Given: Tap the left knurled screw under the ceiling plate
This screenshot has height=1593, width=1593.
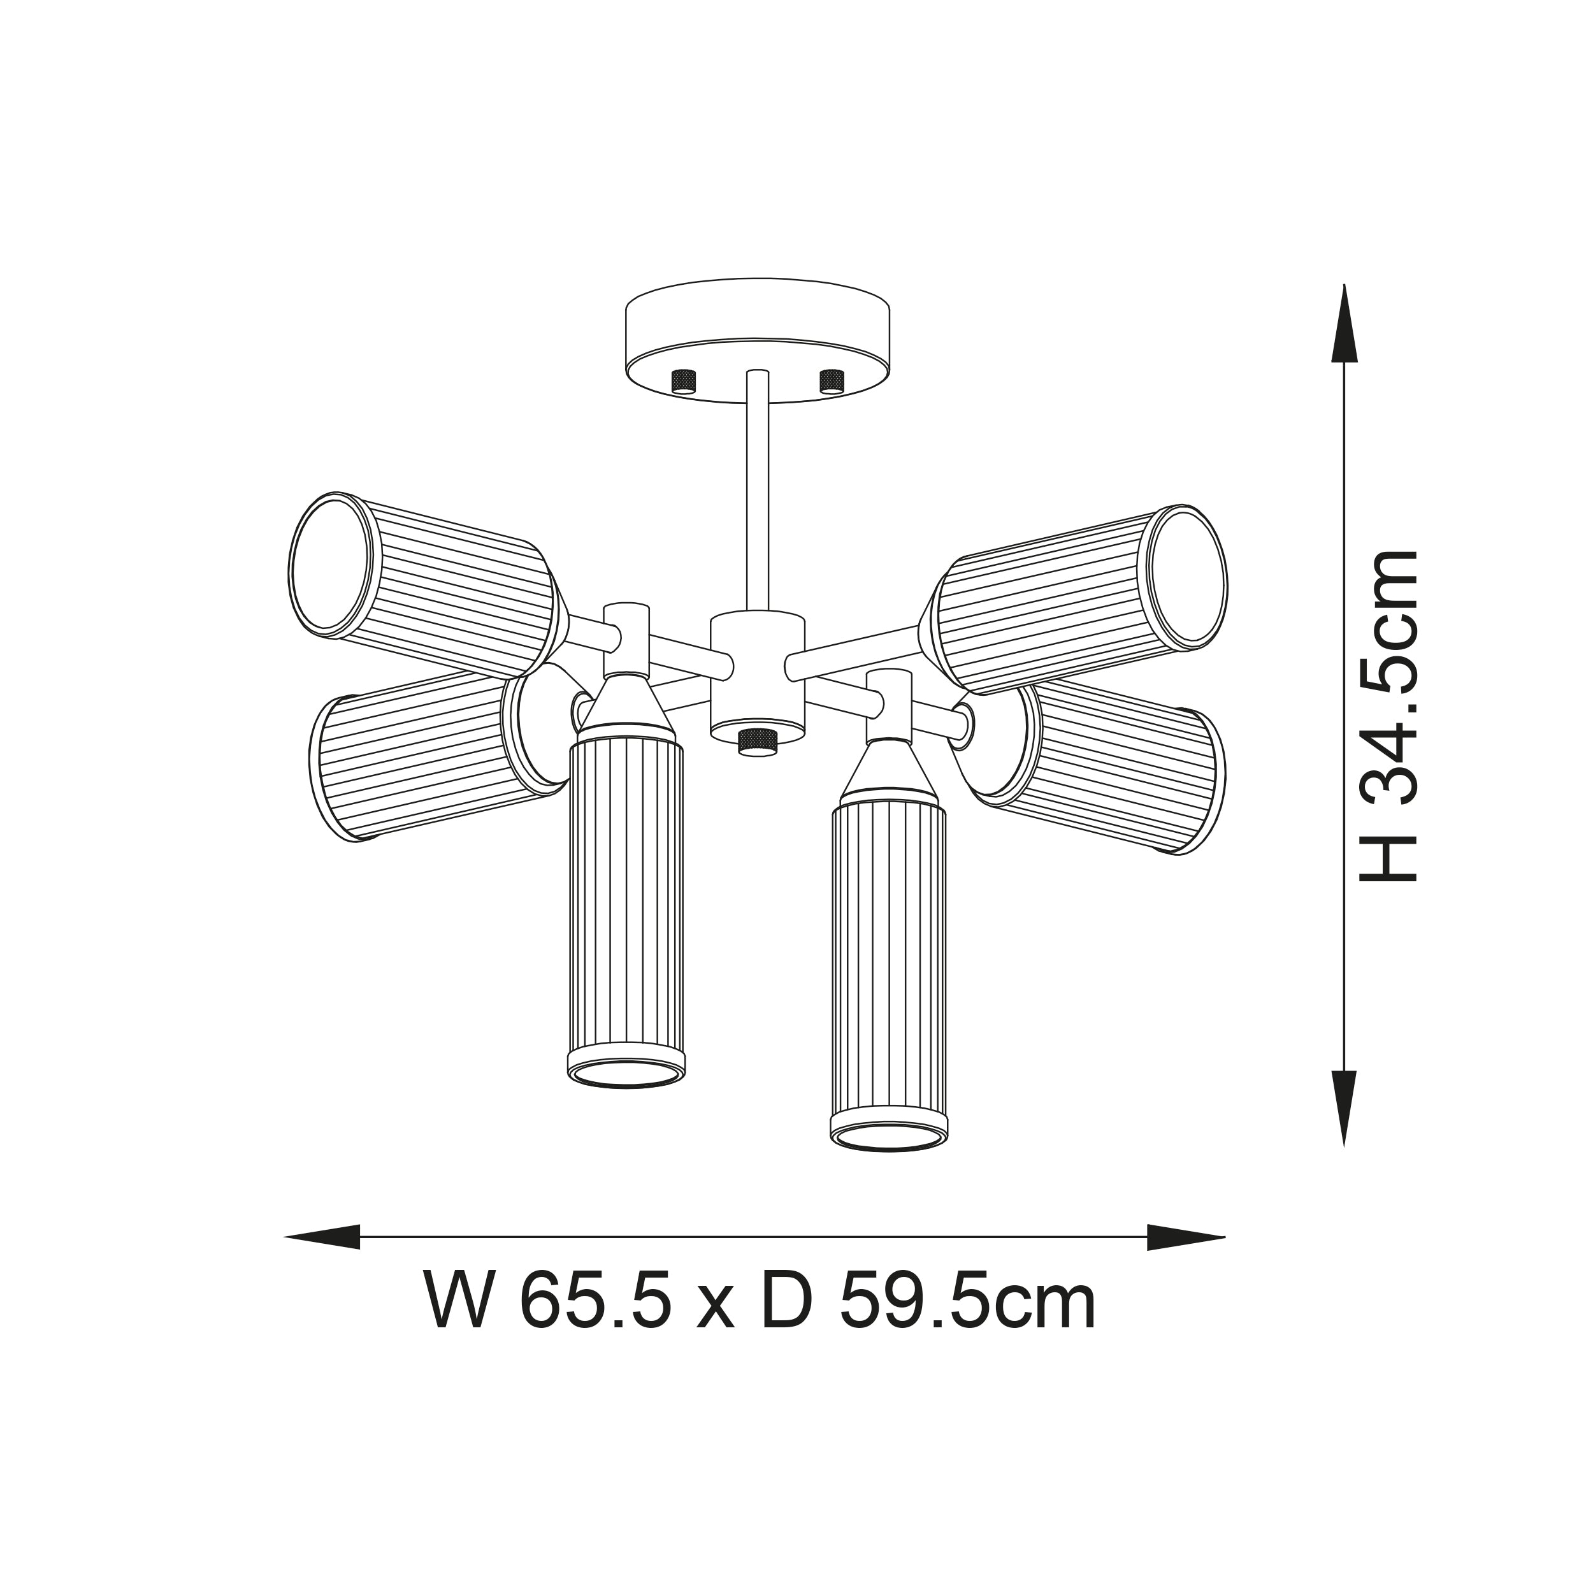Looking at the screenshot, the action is (x=684, y=381).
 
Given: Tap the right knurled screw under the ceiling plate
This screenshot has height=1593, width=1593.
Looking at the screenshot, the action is (x=832, y=380).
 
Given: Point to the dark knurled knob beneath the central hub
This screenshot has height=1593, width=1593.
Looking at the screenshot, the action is (x=758, y=741).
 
